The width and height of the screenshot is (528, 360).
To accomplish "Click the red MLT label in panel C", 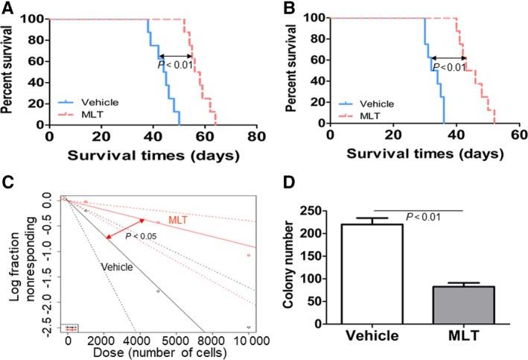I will [179, 221].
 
